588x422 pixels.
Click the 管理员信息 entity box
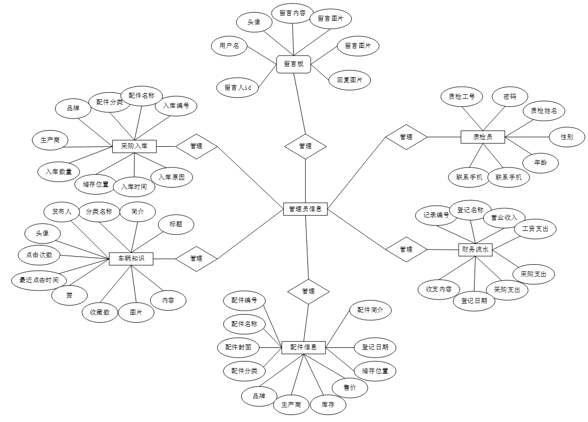(x=305, y=209)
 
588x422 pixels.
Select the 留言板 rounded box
(x=293, y=64)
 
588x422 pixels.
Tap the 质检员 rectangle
(x=482, y=137)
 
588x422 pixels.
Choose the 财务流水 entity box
(x=475, y=249)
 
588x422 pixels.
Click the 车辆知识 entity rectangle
(x=131, y=259)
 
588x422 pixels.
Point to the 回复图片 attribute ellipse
(x=349, y=80)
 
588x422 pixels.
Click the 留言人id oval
(x=237, y=87)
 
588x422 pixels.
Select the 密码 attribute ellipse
(x=509, y=96)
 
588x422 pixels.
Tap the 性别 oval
(x=566, y=137)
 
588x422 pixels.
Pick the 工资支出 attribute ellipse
(x=535, y=229)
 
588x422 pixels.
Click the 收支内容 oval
(x=439, y=289)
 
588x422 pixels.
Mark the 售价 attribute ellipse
(x=350, y=388)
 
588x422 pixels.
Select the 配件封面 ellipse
(x=238, y=347)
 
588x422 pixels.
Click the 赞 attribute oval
(x=70, y=295)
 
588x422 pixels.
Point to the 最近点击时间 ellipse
(x=39, y=280)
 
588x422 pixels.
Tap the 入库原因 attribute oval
(x=171, y=177)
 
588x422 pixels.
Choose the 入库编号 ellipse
(x=176, y=106)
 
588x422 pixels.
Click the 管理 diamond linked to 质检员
(x=406, y=137)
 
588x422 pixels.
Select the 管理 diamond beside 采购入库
(x=196, y=146)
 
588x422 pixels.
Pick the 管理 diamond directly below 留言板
(x=305, y=146)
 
